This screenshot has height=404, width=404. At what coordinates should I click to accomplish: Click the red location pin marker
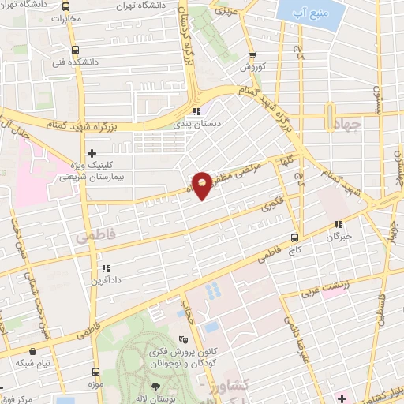pos(203,185)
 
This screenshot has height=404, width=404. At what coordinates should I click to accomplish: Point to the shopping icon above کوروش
pos(252,54)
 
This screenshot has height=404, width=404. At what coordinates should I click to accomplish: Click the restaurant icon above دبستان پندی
pos(196,112)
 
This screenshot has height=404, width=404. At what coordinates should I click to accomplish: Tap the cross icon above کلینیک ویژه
pos(92,152)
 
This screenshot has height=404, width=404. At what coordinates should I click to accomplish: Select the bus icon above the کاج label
pos(295,237)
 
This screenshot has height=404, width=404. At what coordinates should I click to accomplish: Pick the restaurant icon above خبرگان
pos(338,224)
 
